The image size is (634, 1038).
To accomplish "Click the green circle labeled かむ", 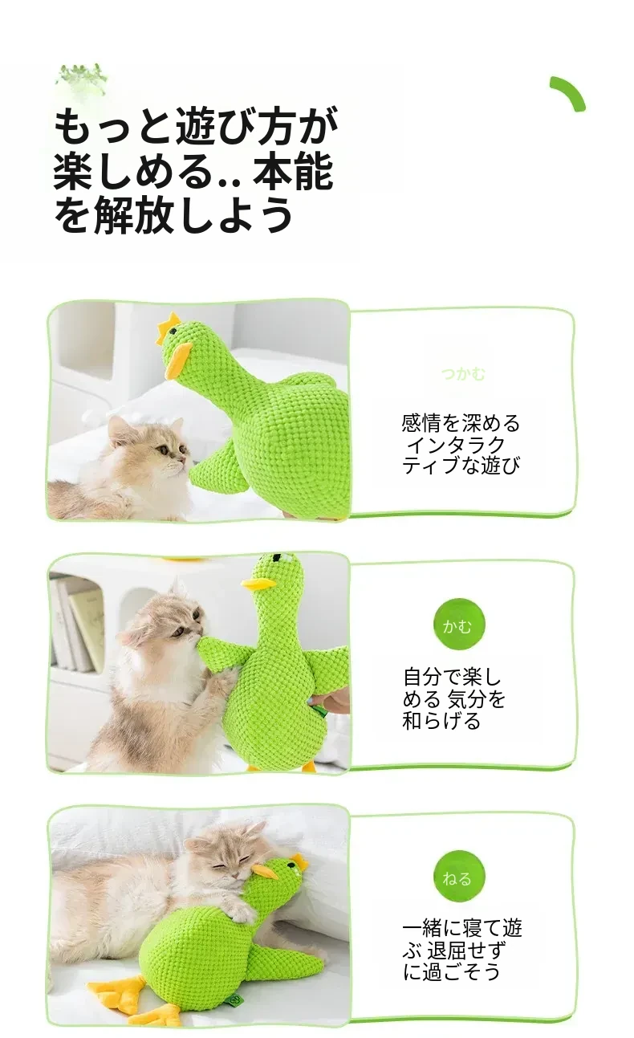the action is pos(459,626).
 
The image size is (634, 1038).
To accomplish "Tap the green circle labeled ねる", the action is pos(459,877).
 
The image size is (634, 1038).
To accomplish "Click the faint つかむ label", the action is pos(463,373).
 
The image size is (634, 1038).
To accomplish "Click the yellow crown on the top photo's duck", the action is pos(169,324).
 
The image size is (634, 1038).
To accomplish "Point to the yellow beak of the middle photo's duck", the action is pos(254,584).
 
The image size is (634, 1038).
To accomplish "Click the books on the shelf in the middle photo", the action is pos(76,625).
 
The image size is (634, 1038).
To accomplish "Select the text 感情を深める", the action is pos(461,423).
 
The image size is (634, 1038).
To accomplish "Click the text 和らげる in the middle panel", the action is pos(441,721).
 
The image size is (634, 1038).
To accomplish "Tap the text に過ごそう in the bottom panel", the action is pos(452,971).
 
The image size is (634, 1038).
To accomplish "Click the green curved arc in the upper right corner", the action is pos(569,92).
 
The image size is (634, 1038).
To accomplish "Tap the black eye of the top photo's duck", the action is pos(173,331).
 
